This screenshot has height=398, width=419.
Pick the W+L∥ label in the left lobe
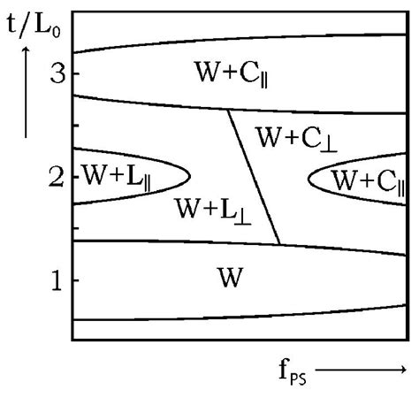coord(115,173)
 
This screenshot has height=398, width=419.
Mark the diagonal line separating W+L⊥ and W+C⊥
coord(254,177)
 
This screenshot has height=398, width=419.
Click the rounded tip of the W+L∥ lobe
coord(188,176)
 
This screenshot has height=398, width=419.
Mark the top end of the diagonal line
coord(229,110)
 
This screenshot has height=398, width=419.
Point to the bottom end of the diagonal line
coord(279,243)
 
